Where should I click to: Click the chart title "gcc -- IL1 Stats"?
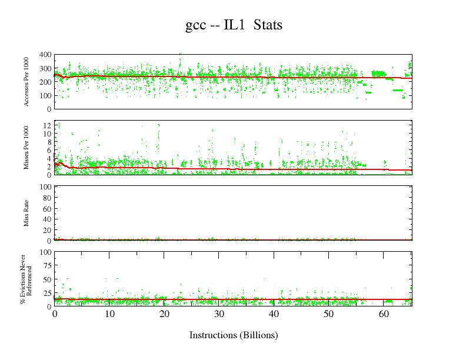point(233,25)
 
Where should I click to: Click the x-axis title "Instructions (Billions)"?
point(233,335)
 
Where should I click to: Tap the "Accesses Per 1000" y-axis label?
point(27,82)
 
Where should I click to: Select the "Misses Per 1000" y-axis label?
point(27,148)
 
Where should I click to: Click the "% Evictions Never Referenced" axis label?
point(25,279)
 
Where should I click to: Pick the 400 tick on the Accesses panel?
point(45,55)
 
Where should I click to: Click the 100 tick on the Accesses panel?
point(45,95)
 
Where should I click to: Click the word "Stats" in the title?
point(268,25)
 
